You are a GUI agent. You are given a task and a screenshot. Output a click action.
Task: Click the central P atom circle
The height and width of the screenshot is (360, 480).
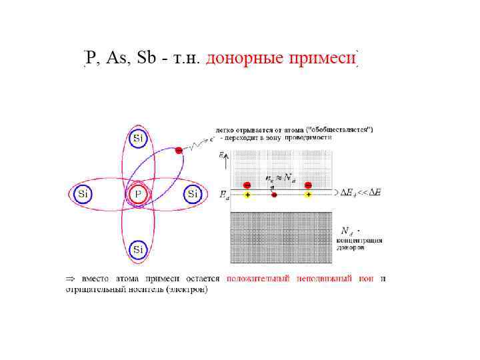point(137,194)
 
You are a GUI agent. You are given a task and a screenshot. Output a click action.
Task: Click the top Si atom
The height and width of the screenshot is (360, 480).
point(137,139)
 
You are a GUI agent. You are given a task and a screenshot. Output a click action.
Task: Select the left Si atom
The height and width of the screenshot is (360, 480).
point(83,194)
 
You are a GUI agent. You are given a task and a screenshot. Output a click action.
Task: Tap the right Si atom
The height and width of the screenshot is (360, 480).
point(193,194)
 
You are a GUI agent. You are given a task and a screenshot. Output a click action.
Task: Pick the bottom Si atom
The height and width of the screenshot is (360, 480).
point(137,250)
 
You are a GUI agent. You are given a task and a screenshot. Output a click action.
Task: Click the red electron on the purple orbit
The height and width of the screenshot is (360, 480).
point(179,151)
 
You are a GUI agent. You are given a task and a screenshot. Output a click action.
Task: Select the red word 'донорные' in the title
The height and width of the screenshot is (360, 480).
point(245,59)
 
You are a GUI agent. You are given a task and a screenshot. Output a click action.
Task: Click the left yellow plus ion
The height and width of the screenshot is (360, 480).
point(247,195)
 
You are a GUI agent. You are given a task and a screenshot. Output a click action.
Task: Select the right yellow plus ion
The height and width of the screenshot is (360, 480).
point(308,195)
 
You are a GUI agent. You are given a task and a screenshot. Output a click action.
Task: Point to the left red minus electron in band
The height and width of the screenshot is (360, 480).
point(247,185)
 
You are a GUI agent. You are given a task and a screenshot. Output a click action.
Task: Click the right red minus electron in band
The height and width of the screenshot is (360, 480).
point(308,185)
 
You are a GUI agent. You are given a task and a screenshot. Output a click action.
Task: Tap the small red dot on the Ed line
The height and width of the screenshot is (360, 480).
point(274,195)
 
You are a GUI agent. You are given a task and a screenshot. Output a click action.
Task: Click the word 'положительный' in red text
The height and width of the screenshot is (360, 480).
point(261,278)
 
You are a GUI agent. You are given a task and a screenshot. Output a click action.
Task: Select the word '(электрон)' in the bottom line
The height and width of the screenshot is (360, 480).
point(187,289)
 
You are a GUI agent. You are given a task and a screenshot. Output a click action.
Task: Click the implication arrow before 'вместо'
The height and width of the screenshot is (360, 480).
point(69,278)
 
